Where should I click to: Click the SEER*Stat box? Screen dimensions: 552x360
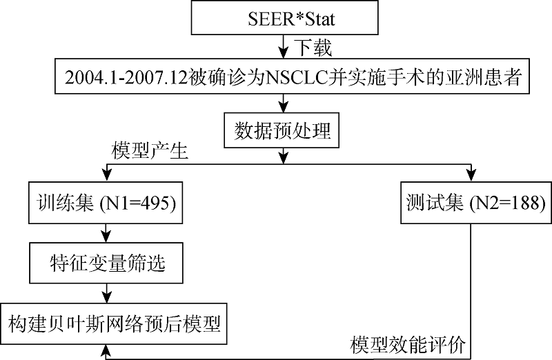coord(284,18)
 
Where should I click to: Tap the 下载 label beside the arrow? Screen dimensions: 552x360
coord(313,48)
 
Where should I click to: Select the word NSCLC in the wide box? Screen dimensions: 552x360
coord(296,77)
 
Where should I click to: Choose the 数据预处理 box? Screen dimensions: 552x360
coord(282,130)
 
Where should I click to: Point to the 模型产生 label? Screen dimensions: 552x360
coord(150,151)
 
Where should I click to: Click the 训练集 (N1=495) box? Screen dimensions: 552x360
coord(106,203)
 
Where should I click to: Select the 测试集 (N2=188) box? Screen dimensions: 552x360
coord(476,203)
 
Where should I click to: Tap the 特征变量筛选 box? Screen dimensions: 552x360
coord(106,263)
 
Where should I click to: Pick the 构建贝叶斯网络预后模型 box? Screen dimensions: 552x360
coord(113,323)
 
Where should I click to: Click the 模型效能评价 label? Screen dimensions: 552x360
coord(408,345)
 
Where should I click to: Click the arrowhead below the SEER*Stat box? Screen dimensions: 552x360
coord(284,53)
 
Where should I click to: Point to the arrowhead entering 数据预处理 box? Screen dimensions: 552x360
coord(284,107)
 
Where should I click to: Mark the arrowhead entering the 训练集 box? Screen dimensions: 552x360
coord(106,176)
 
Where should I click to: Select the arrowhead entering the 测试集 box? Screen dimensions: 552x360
coord(471,176)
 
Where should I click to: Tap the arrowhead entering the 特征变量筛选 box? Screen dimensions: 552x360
coord(106,237)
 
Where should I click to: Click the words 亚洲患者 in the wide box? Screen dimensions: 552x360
coord(484,77)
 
